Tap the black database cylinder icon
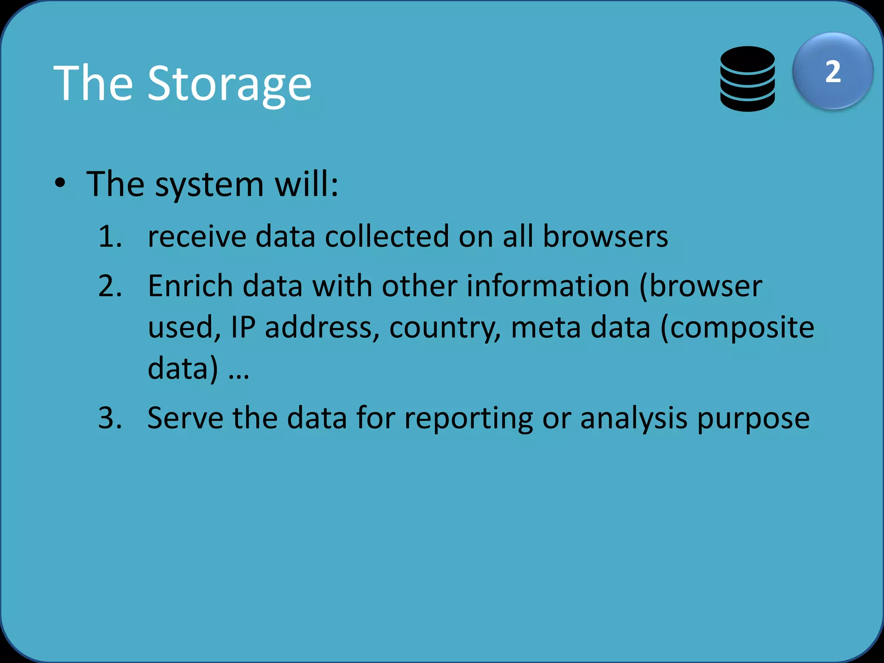click(x=747, y=79)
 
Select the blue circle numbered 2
click(x=833, y=71)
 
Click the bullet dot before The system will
click(x=60, y=183)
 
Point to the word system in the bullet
click(x=209, y=185)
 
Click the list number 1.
click(x=110, y=237)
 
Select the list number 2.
click(x=110, y=286)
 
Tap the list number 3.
click(x=110, y=418)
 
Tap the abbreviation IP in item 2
click(x=243, y=327)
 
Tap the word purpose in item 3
click(x=753, y=419)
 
